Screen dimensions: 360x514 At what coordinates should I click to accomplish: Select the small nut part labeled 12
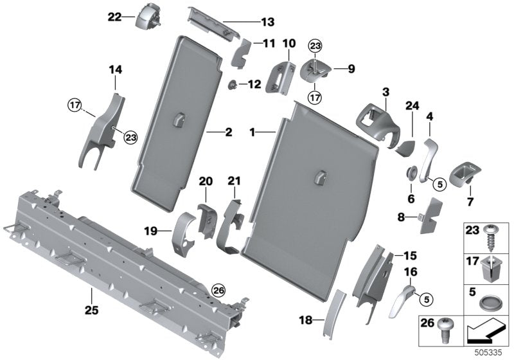coord(231,84)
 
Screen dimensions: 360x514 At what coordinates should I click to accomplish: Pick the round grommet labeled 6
coord(410,173)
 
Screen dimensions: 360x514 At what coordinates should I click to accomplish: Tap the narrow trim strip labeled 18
coord(335,312)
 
